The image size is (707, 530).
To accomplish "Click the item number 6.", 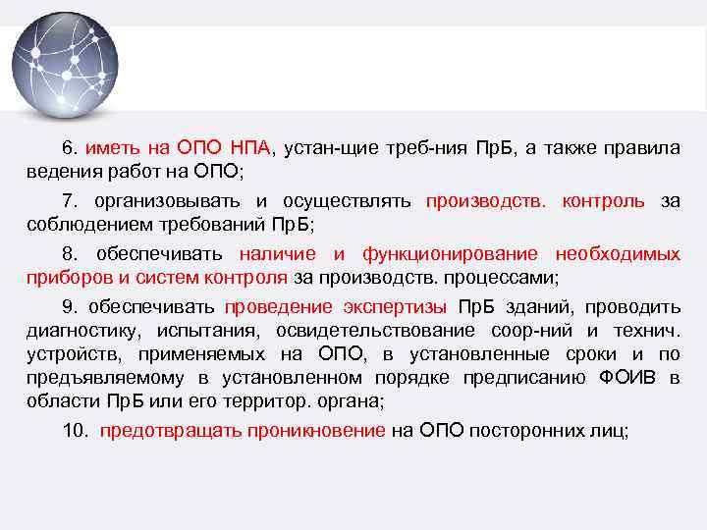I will pos(69,148).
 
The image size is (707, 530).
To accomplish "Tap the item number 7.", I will pos(69,201).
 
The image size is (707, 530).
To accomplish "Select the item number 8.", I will pos(69,254).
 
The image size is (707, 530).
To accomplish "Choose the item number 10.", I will pos(75,431).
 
